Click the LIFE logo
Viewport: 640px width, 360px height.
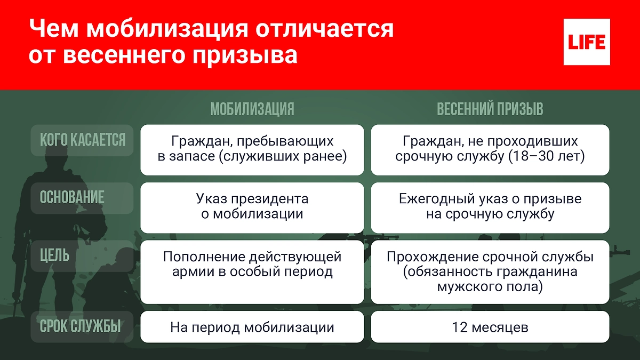(587, 42)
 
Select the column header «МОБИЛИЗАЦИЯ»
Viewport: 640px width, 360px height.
(252, 109)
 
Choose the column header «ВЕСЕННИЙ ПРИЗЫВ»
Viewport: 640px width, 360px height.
(490, 109)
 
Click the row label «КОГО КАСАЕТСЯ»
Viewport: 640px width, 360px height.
(83, 140)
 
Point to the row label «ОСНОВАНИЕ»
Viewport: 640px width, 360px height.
(72, 197)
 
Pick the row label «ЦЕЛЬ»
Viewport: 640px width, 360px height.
(54, 255)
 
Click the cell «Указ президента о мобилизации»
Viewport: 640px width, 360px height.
(252, 207)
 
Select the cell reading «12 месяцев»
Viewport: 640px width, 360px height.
(490, 327)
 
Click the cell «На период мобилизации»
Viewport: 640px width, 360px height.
(252, 327)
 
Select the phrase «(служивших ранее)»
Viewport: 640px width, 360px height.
(285, 157)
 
